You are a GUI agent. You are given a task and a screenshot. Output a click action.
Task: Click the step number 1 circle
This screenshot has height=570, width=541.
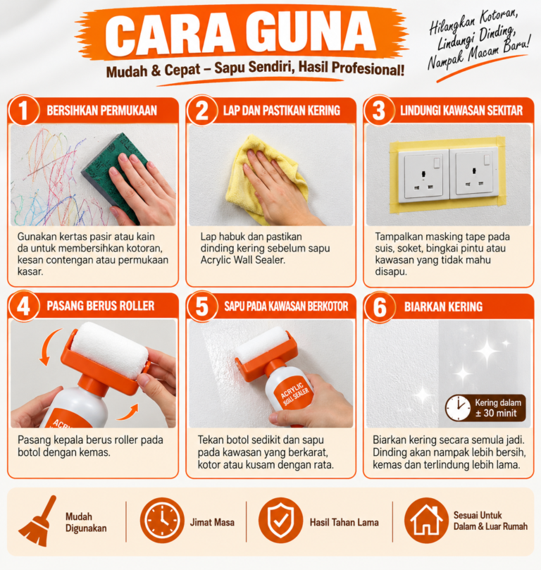pyautogui.click(x=23, y=110)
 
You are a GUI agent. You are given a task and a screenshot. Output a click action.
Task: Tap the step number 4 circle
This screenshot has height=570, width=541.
pyautogui.click(x=23, y=306)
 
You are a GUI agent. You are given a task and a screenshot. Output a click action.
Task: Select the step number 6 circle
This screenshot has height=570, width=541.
pyautogui.click(x=379, y=307)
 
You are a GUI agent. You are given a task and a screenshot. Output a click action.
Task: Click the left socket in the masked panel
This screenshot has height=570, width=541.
pyautogui.click(x=423, y=176)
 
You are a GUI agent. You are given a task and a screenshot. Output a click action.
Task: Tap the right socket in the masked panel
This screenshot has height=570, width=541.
pyautogui.click(x=474, y=175)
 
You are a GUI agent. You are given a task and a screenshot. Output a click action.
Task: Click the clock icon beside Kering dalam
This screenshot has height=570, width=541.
pyautogui.click(x=458, y=408)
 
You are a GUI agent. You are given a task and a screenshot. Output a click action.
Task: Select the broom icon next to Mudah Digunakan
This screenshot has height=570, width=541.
pyautogui.click(x=38, y=521)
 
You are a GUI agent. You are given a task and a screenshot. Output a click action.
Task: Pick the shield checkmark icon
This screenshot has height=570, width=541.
pyautogui.click(x=280, y=520)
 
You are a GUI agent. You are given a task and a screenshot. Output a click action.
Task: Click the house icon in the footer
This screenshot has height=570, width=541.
pyautogui.click(x=426, y=520)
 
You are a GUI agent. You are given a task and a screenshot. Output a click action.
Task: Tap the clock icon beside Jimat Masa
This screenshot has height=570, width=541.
pyautogui.click(x=162, y=520)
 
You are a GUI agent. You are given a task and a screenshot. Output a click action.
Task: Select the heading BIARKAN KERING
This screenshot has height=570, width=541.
pyautogui.click(x=443, y=306)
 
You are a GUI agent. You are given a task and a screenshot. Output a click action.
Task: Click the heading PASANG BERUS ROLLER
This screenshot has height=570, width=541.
pyautogui.click(x=101, y=306)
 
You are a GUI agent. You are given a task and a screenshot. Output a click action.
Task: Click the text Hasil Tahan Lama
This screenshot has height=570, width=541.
pyautogui.click(x=344, y=522)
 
